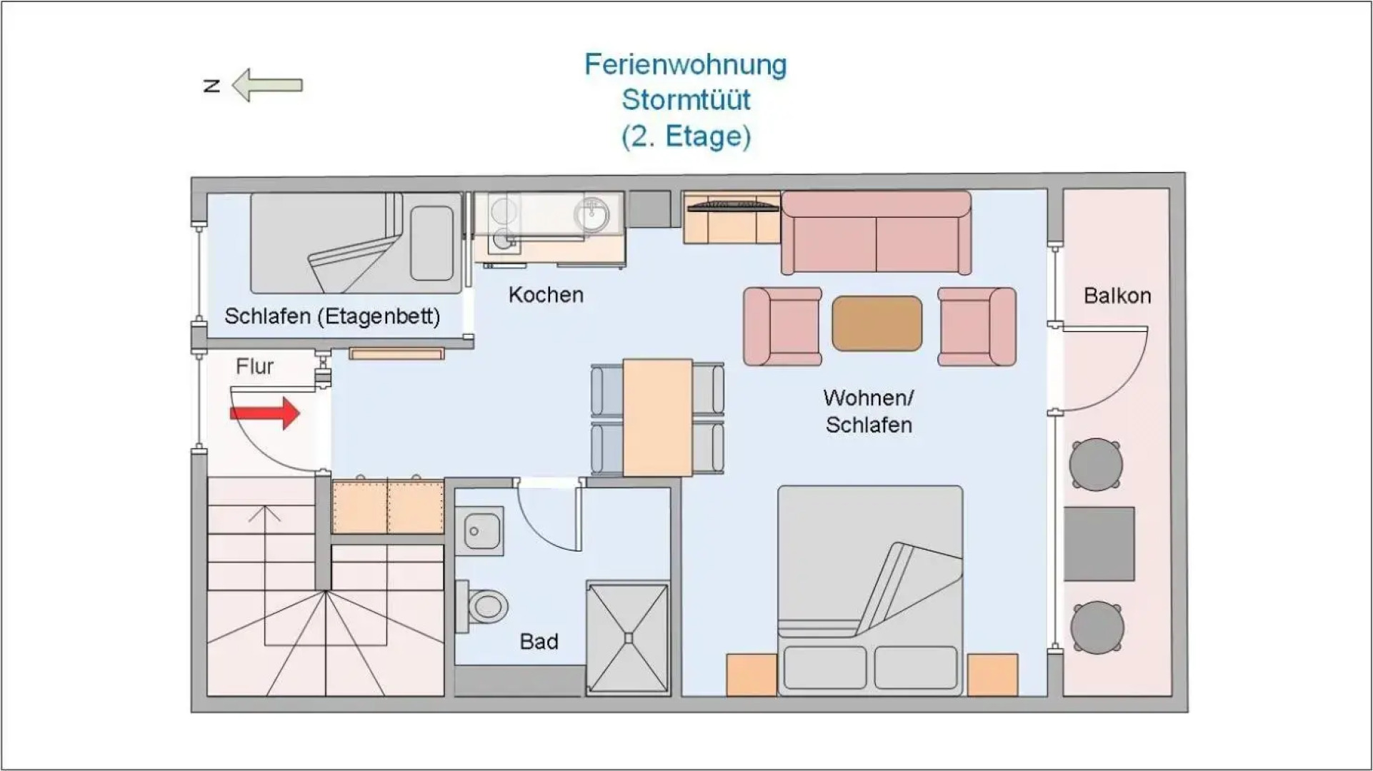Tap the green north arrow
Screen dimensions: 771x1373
click(x=269, y=86)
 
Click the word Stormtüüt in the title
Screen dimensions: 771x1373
click(x=685, y=100)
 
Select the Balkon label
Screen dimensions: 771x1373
click(x=1117, y=296)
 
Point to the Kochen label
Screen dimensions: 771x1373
click(x=546, y=295)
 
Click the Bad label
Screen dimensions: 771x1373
click(x=539, y=642)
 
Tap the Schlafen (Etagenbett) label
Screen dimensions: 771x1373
click(x=332, y=316)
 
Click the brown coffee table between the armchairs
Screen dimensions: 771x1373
click(x=877, y=323)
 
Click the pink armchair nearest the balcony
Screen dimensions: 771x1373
click(x=977, y=326)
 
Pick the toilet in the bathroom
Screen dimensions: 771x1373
click(x=484, y=606)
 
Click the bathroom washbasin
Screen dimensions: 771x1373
click(x=479, y=531)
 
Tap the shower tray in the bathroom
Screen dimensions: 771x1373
click(x=628, y=638)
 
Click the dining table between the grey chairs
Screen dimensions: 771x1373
click(x=657, y=418)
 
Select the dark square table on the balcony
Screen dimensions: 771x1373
click(x=1099, y=544)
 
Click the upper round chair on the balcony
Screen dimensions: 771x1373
click(x=1095, y=465)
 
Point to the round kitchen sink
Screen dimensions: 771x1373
click(x=591, y=213)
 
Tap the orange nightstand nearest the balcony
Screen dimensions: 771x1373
click(x=992, y=675)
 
